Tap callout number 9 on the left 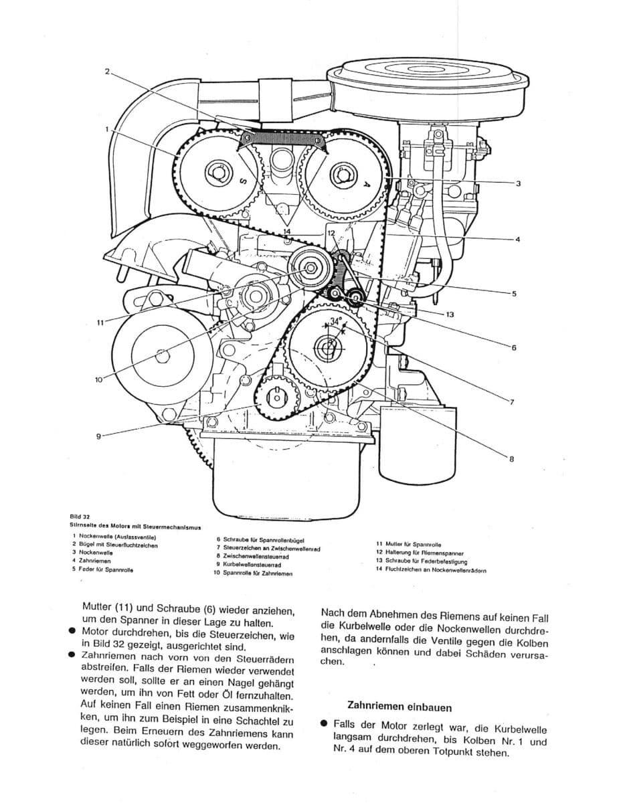(98, 436)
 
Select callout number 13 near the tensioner (450, 313)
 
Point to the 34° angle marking (335, 321)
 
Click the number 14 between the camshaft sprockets (286, 232)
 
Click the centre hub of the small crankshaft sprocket (276, 397)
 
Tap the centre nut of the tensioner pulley (311, 268)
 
